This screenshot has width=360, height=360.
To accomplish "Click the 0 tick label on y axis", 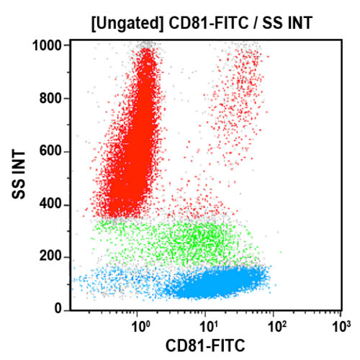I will tap(64, 310).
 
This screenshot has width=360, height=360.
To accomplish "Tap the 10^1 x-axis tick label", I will tap(207, 325).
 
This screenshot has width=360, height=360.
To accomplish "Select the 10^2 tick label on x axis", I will tap(275, 325).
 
